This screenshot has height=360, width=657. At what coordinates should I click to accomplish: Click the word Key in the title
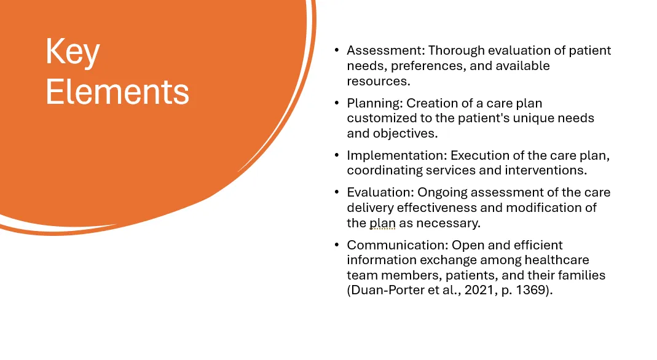click(x=73, y=52)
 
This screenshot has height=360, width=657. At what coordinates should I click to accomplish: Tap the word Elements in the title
click(x=117, y=92)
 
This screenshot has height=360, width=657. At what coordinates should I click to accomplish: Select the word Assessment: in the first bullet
click(x=386, y=50)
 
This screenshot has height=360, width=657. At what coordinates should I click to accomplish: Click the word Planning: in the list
click(x=375, y=103)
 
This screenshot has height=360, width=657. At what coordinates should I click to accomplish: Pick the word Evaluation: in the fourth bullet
click(x=380, y=192)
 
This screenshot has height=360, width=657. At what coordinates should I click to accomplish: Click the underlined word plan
click(x=382, y=223)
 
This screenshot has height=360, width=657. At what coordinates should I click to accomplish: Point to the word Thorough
click(x=456, y=50)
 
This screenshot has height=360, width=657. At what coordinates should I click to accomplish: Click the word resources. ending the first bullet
click(x=379, y=81)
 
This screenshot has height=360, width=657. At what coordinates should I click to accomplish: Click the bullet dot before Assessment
click(x=337, y=50)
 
